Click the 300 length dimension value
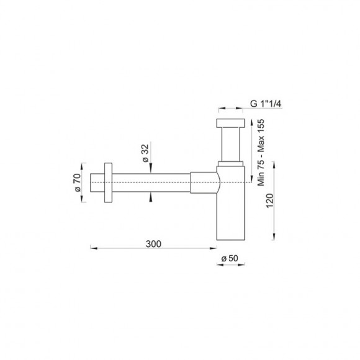(154, 243)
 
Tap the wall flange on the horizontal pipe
(109, 183)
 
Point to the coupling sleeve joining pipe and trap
(204, 183)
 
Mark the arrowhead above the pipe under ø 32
(150, 170)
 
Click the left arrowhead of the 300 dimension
(94, 248)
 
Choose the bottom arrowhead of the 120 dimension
(275, 236)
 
